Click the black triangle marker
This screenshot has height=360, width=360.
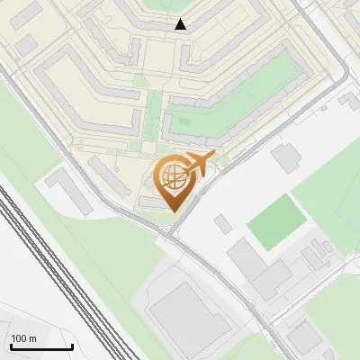pyautogui.click(x=181, y=24)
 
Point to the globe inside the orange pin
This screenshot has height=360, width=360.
pyautogui.click(x=174, y=177)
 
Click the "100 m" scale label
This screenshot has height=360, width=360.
pyautogui.click(x=24, y=338)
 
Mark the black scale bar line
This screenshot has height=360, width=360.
pyautogui.click(x=41, y=346)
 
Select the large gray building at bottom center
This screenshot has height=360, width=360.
pyautogui.click(x=184, y=310)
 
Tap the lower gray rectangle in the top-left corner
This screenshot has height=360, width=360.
pyautogui.click(x=24, y=44)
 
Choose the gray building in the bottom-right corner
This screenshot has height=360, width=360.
pyautogui.click(x=304, y=337)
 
